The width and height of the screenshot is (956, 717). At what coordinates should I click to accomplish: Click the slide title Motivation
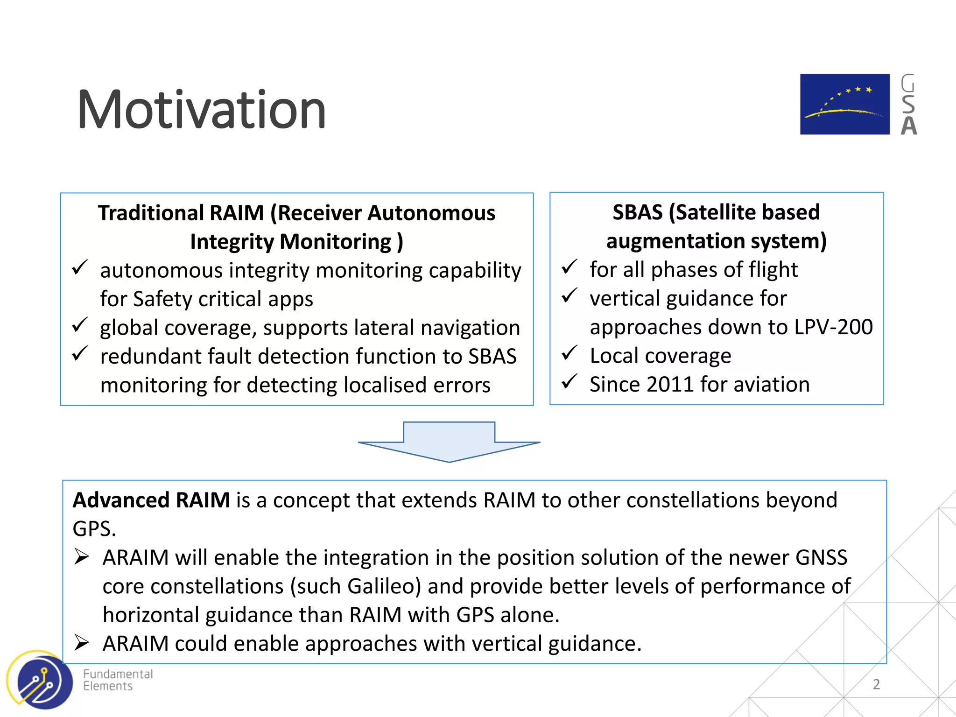click(201, 110)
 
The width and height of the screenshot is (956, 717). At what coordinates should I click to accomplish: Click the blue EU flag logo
click(844, 104)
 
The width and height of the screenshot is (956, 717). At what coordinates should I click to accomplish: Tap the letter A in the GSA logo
click(908, 126)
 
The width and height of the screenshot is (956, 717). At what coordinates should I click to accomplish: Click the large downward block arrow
click(449, 442)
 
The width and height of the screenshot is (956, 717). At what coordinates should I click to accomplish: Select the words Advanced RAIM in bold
click(151, 500)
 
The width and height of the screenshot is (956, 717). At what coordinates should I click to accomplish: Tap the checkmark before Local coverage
click(569, 354)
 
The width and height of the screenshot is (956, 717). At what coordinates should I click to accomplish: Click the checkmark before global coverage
click(80, 325)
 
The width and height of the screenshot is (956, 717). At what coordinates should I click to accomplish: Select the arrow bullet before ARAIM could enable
click(82, 643)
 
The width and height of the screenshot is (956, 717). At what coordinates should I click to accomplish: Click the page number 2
click(876, 684)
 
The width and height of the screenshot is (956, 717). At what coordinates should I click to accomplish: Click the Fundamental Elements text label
click(118, 680)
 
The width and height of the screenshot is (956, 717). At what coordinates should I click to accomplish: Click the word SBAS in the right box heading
click(637, 212)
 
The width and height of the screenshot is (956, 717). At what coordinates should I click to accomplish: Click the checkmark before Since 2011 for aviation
click(569, 382)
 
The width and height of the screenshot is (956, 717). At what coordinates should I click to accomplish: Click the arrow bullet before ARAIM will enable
click(82, 557)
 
